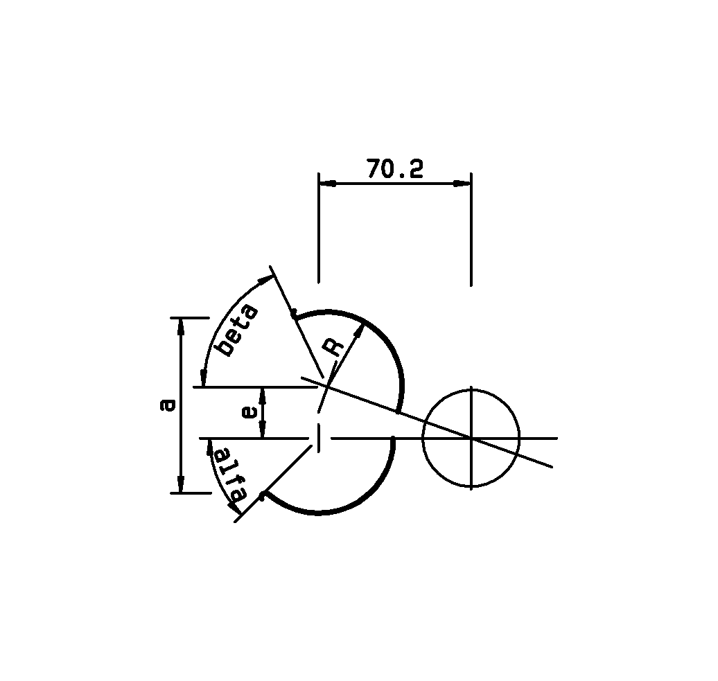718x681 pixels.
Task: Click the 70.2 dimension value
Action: click(394, 169)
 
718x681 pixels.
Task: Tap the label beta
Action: click(237, 330)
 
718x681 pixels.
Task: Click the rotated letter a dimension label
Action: click(168, 405)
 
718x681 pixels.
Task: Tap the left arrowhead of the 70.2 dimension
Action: click(328, 183)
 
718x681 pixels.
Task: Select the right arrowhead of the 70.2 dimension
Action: click(462, 183)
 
